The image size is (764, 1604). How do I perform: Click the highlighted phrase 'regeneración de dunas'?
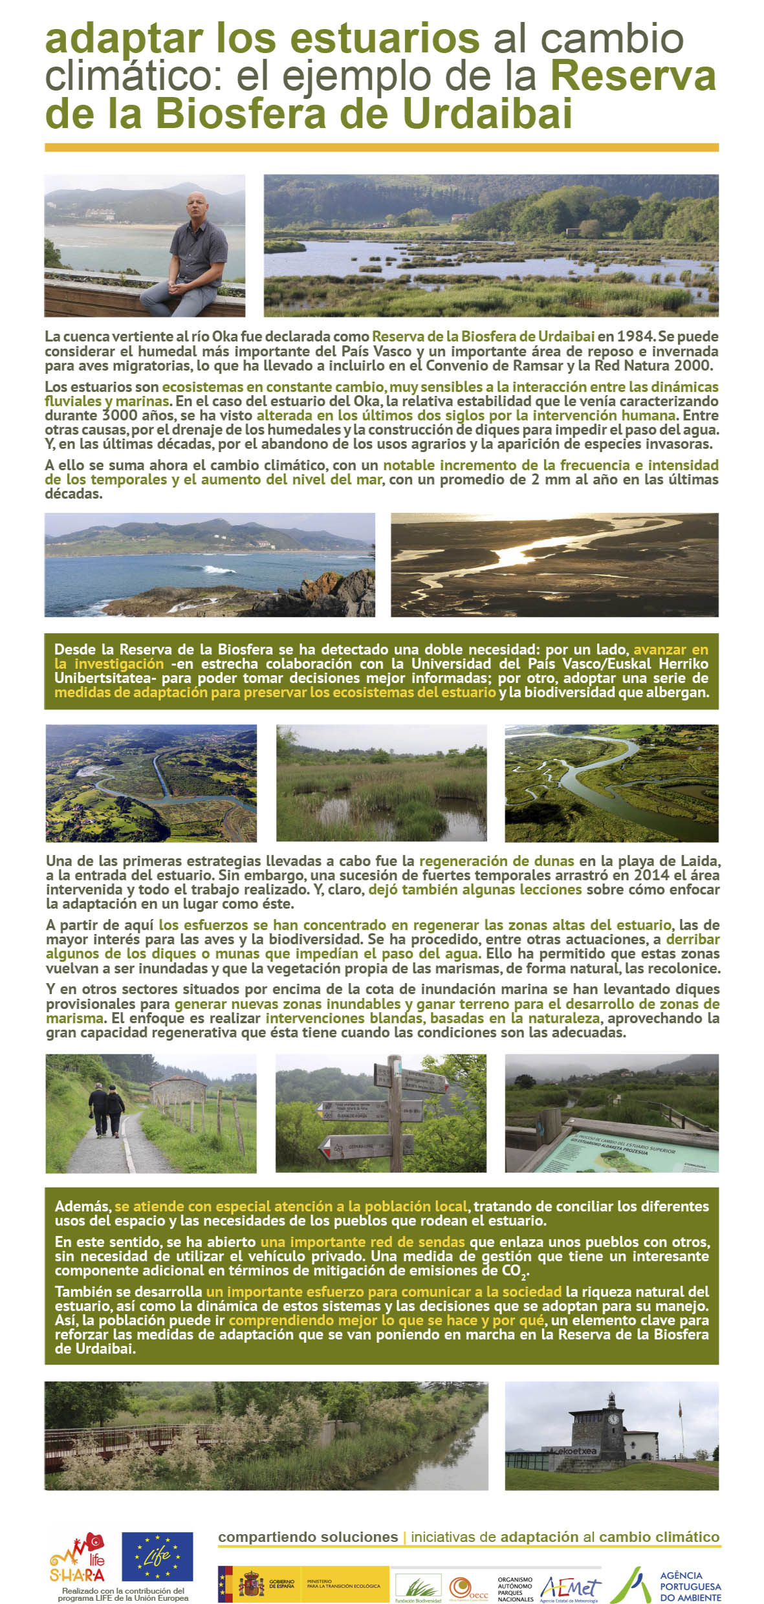pos(496,861)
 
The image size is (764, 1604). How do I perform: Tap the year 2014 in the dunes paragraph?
pos(651,875)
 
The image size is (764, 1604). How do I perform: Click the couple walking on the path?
pos(106,1108)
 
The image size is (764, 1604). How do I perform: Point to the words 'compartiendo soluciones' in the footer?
pos(308,1537)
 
